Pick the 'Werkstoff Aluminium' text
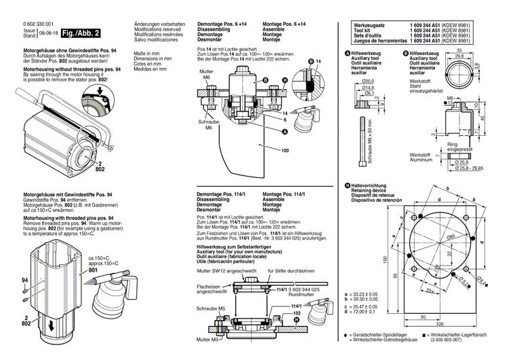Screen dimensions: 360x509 (x=426, y=158)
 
